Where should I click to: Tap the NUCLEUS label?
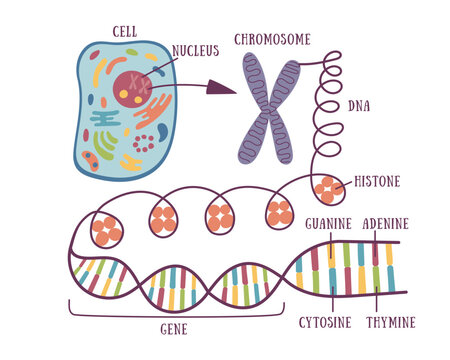click(195, 50)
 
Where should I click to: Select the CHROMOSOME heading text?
click(272, 39)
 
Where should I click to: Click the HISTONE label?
click(378, 183)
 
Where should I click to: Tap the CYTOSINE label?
click(327, 322)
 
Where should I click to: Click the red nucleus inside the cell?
click(133, 87)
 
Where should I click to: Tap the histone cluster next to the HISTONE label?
click(328, 189)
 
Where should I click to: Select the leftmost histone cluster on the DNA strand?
click(106, 230)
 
